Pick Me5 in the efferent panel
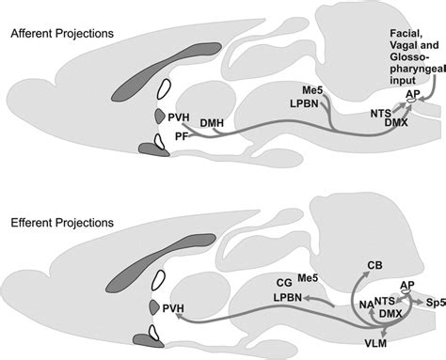coord(309,279)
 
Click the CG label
coord(283,279)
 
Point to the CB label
coord(374,266)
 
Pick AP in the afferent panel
coord(412,95)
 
